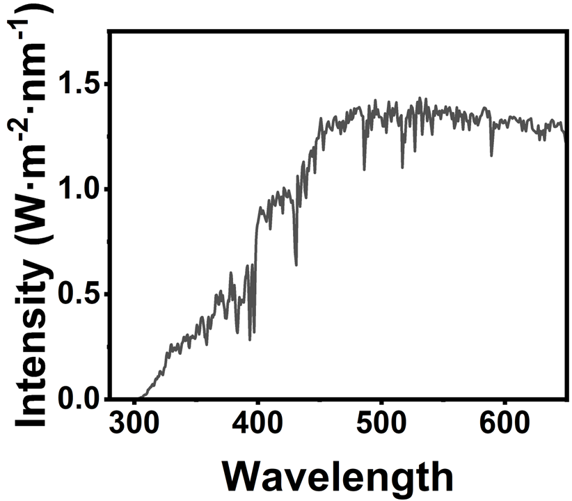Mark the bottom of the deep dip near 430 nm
coord(296,265)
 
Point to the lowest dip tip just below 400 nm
coord(250,340)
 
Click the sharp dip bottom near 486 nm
coord(364,170)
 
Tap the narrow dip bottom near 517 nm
coord(402,168)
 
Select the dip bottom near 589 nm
coord(491,155)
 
